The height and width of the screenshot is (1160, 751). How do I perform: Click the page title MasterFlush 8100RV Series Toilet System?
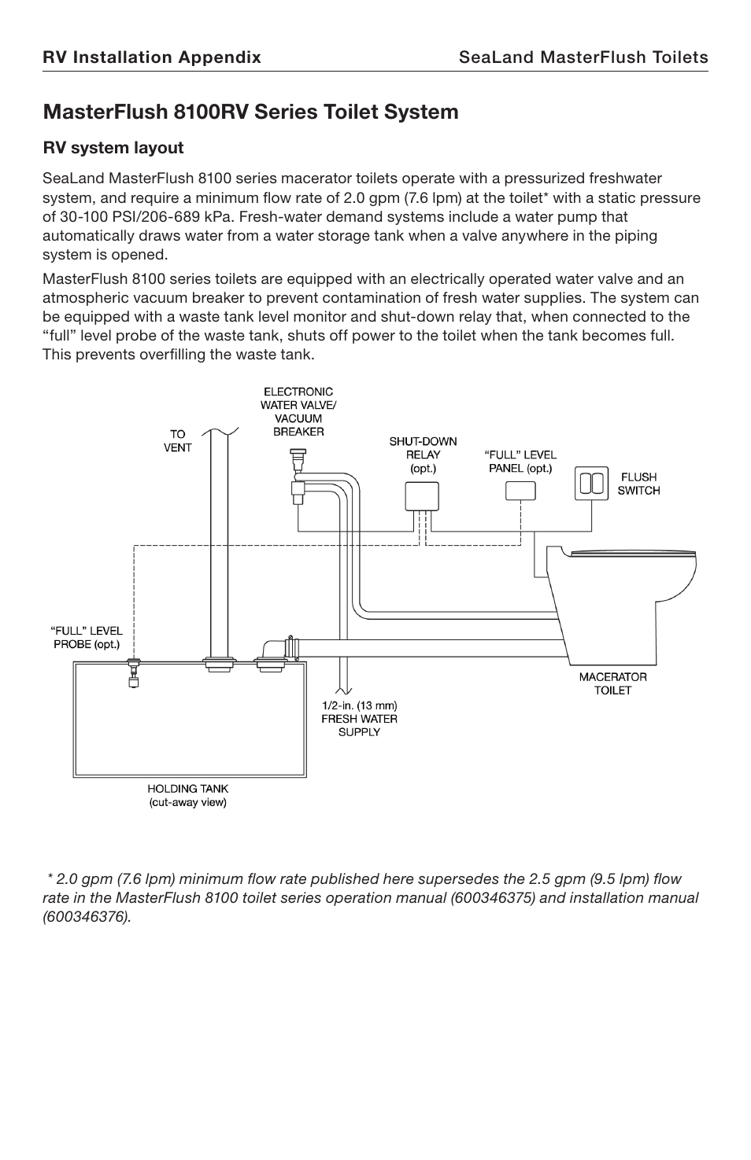pos(250,112)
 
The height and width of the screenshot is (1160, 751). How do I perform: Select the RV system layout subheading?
pos(113,148)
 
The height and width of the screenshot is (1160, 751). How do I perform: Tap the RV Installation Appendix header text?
pos(151,57)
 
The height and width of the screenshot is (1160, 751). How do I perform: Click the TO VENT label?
pos(177,440)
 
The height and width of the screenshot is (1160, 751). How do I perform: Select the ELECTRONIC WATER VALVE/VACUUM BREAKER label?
pos(298,411)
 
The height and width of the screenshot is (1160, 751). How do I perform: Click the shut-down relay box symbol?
pos(421,496)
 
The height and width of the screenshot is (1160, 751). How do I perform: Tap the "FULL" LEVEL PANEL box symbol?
pos(520,491)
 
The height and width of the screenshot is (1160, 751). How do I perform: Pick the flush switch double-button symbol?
pos(591,484)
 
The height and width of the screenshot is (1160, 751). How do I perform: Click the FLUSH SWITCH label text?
pos(638,484)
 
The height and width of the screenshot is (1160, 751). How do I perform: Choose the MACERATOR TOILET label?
pos(612,683)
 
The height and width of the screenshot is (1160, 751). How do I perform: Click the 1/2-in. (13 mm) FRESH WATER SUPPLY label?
pos(359,718)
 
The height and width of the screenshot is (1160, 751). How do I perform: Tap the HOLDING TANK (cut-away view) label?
pos(188,795)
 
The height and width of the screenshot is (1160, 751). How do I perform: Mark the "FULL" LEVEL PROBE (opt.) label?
pos(87,637)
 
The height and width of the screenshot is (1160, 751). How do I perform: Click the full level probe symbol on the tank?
pos(133,673)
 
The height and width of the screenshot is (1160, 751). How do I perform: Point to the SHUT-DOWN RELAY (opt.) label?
pos(423,455)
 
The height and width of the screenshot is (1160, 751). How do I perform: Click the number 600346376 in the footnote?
pos(86,917)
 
